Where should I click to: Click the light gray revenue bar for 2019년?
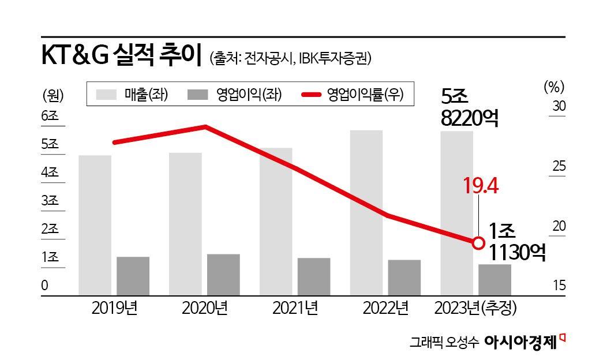point(95,225)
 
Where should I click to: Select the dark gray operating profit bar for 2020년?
point(223,275)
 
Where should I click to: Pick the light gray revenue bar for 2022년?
point(366,213)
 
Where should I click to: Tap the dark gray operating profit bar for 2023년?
point(494,280)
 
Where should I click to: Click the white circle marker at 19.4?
point(478,243)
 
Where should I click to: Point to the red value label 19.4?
point(481,186)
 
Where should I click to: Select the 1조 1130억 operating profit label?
point(516,242)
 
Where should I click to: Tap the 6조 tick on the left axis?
point(50,116)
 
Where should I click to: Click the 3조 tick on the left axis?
point(50,201)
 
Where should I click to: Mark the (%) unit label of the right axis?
point(553,87)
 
